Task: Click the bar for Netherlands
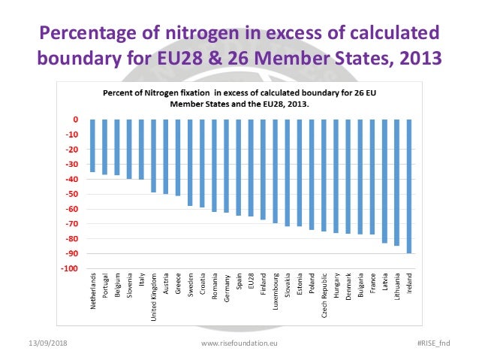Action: coord(92,146)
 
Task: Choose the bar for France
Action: coord(372,177)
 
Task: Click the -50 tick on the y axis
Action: coord(71,194)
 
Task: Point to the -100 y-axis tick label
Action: coord(70,268)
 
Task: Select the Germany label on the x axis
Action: coord(227,289)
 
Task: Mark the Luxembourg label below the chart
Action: coord(276,294)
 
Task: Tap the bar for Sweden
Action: coord(190,162)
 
